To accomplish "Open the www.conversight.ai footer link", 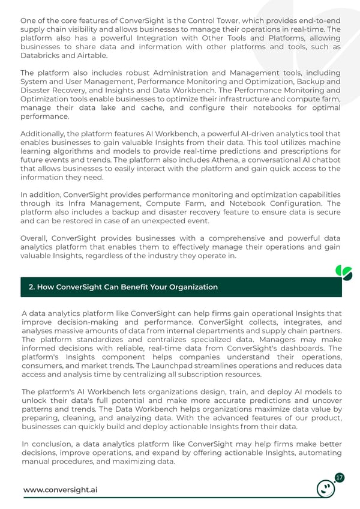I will (60, 490).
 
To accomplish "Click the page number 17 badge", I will (339, 478).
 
